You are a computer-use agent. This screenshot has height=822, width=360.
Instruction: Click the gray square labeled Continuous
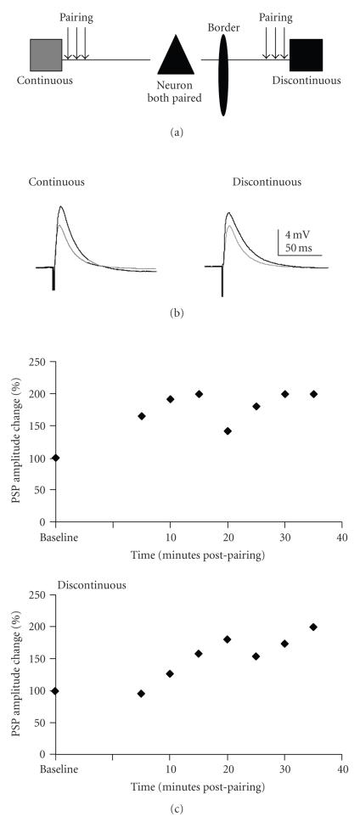click(46, 55)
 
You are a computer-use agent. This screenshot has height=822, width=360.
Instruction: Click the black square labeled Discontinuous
click(306, 55)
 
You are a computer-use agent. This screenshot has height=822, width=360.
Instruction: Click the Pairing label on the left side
click(77, 16)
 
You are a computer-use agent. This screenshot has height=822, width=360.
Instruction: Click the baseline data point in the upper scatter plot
click(56, 458)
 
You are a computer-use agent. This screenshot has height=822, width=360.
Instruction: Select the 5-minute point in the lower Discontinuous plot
click(141, 694)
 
